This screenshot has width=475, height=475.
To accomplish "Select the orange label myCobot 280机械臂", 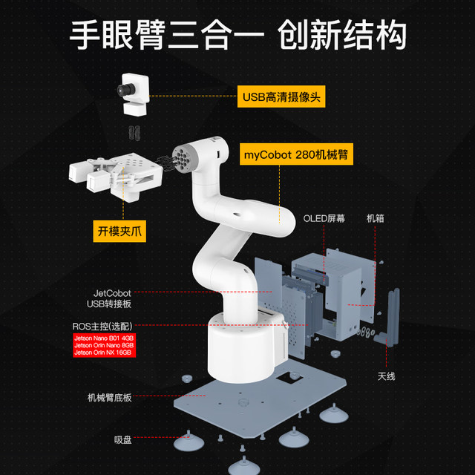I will pos(296,156).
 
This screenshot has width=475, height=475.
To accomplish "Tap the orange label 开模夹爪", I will pos(119,230).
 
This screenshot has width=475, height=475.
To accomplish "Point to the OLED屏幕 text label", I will pos(324,219).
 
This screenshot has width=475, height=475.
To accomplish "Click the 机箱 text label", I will pos(375,219).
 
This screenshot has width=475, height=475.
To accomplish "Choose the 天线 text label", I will pos(386,376).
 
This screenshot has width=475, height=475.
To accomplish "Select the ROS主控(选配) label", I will pos(103,326).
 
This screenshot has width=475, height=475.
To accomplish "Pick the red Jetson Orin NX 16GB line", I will pos(105,353).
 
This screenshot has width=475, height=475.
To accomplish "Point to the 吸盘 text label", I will pos(123,440).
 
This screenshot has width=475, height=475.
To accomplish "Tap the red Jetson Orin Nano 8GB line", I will pos(104,345).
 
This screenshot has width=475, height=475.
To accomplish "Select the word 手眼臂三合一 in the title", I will pos(166,33).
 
